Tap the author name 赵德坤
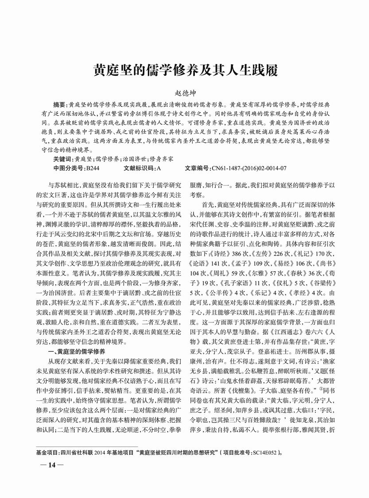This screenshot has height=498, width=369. coord(184,94)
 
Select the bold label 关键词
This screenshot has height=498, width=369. coord(62,158)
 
